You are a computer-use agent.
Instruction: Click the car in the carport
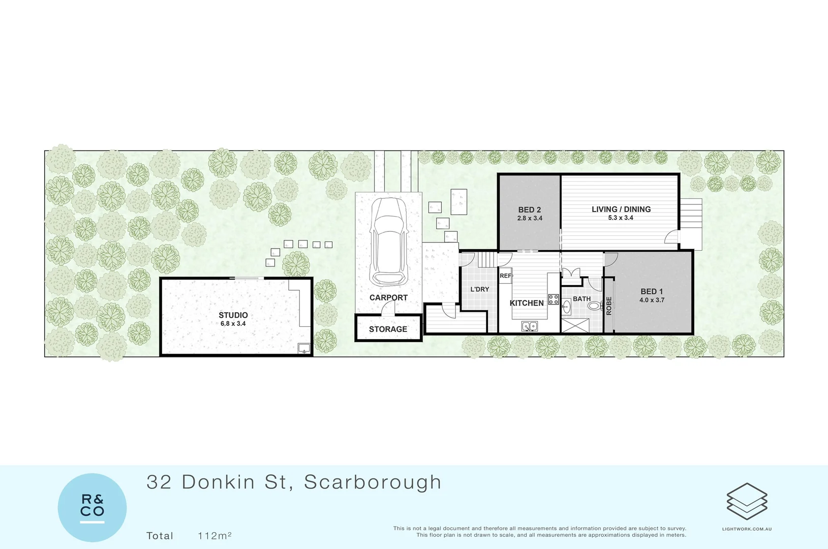point(389,241)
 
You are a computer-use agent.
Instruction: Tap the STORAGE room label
point(388,329)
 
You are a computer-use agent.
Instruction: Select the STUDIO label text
point(233,315)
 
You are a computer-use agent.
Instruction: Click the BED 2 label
point(529,209)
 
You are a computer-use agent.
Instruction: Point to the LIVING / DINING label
point(621,209)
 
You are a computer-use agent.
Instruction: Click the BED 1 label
point(651,291)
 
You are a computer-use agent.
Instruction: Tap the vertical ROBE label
point(609,306)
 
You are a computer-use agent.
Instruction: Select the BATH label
point(581,299)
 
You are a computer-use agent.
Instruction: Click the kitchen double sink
point(529,326)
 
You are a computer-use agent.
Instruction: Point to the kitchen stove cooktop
point(553,299)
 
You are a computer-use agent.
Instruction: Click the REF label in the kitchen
point(505,276)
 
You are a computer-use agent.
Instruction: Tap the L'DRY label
point(479,289)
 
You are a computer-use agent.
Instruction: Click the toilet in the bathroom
point(593,306)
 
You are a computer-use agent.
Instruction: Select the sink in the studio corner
point(304,348)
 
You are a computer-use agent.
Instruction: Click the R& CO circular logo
point(92,507)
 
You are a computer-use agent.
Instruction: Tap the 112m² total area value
point(214,536)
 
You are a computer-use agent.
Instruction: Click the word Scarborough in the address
point(373,482)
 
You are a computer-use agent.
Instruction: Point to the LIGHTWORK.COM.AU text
point(747,529)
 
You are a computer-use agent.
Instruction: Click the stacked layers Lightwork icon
point(747,501)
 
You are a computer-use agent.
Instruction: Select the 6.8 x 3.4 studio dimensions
point(233,324)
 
